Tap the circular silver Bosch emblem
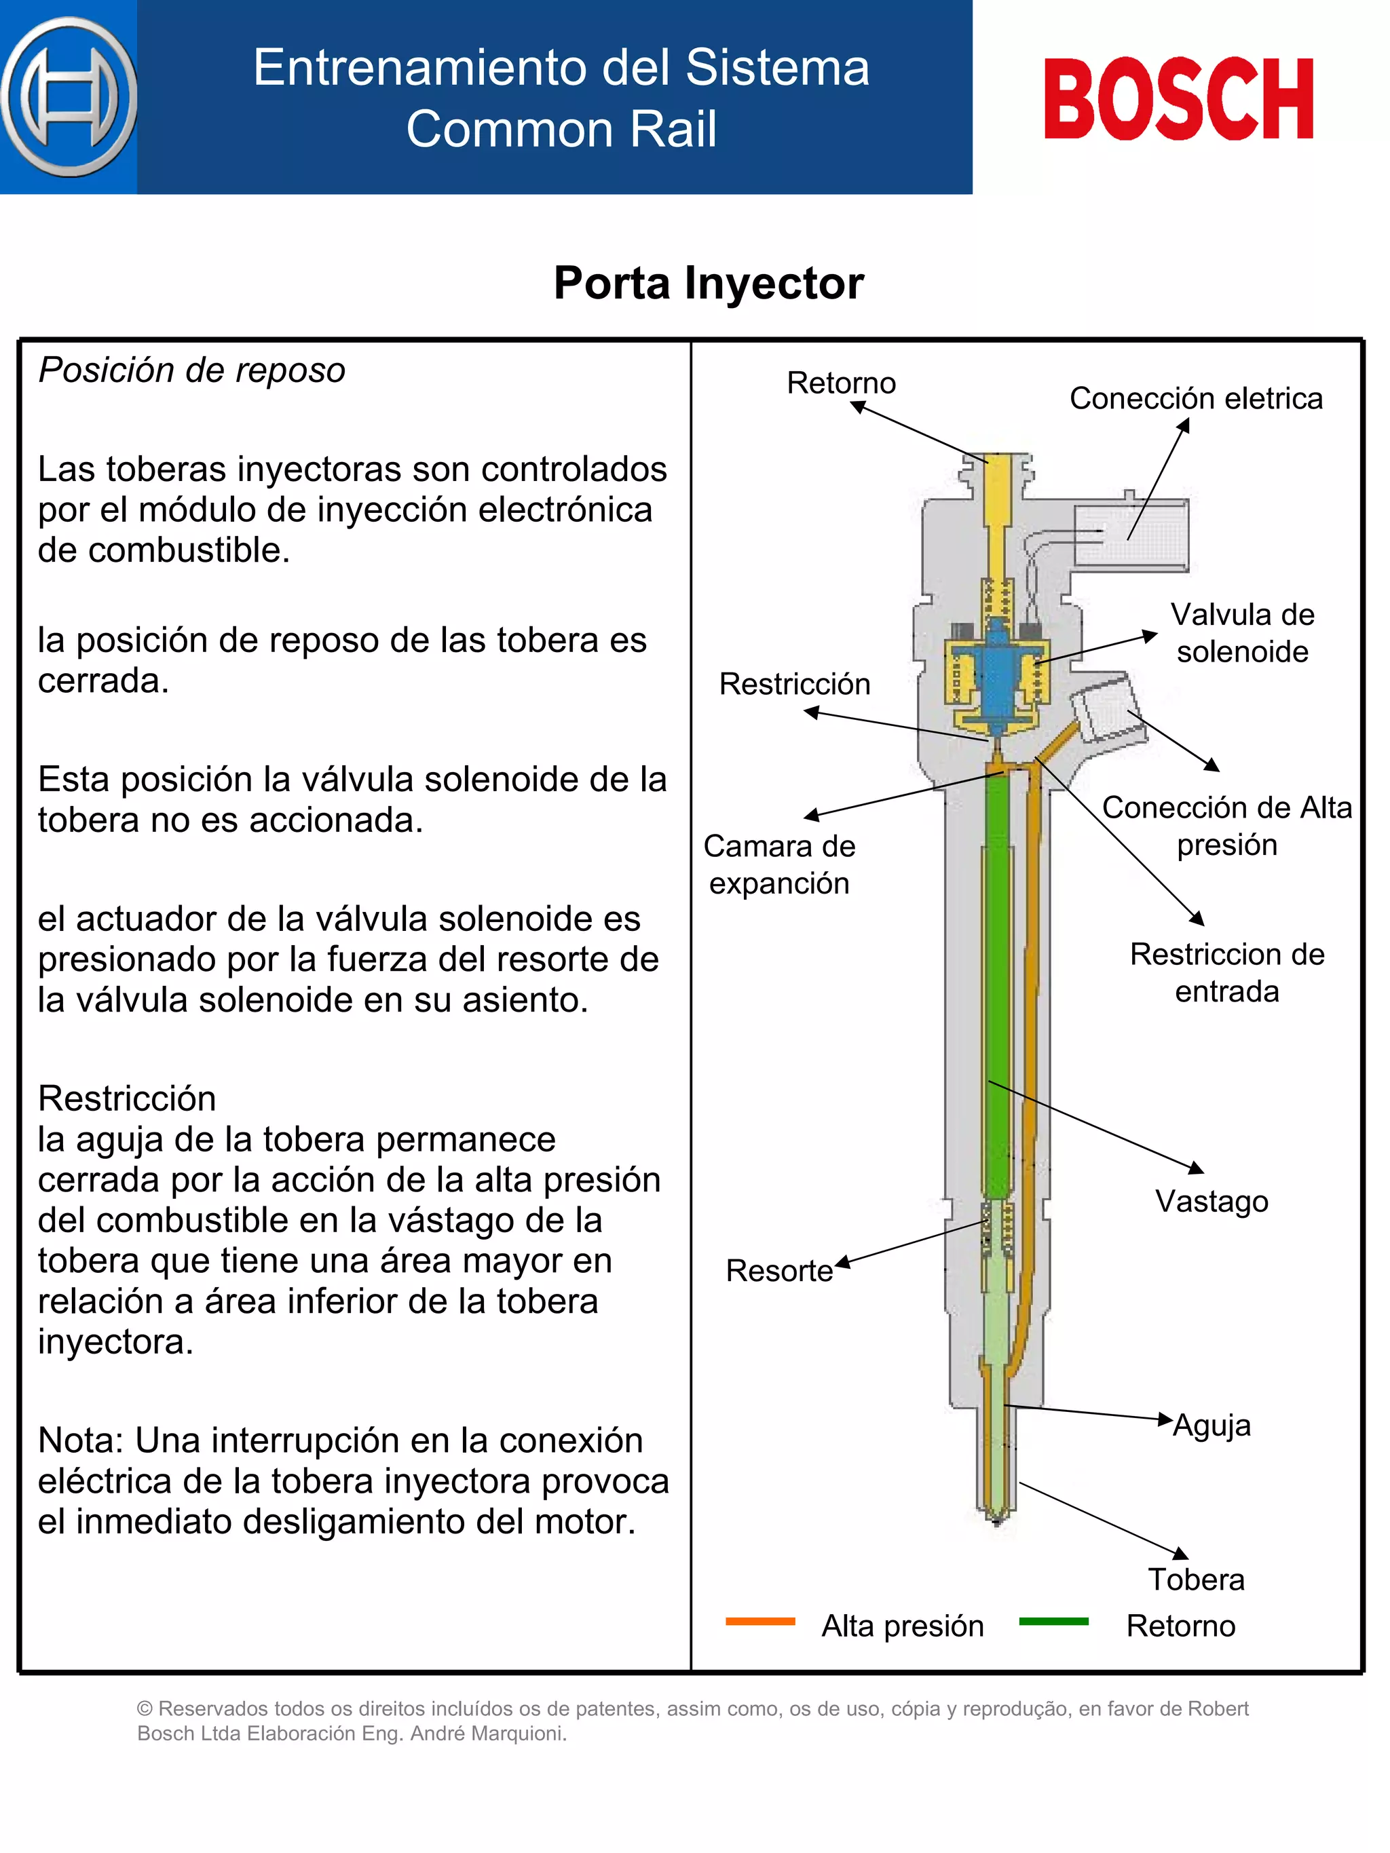tap(69, 97)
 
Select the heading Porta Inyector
tap(708, 283)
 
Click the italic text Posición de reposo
tap(192, 370)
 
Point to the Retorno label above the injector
tap(840, 383)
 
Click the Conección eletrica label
tap(1196, 399)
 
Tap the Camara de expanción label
tap(779, 864)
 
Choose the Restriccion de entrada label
tap(1226, 972)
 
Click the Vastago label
tap(1211, 1201)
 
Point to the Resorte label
tap(778, 1271)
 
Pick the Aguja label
tap(1211, 1425)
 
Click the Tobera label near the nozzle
tap(1196, 1579)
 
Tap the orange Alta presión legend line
tap(760, 1622)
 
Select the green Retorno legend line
tap(1053, 1622)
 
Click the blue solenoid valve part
tap(997, 670)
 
